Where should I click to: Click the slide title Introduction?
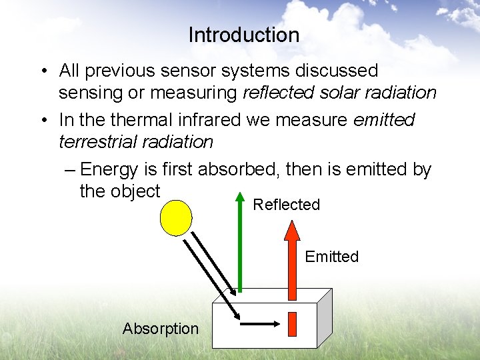pos(243,35)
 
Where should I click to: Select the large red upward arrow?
pos(291,260)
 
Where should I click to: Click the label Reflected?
pos(286,205)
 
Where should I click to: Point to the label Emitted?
pos(331,257)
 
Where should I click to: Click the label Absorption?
pos(160,329)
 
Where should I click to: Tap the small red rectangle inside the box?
pos(291,324)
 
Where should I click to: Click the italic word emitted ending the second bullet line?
pos(383,120)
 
